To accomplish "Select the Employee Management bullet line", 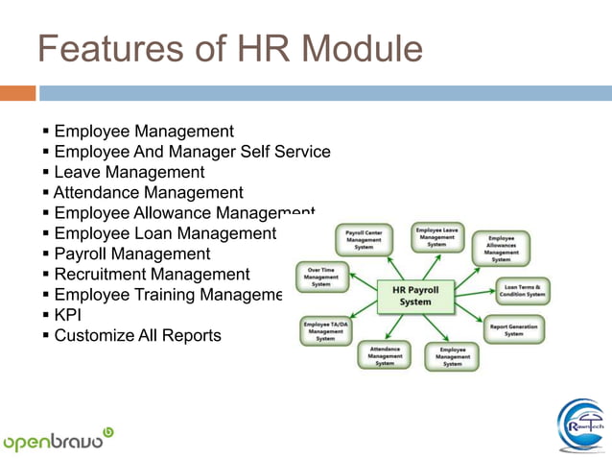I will click(143, 132).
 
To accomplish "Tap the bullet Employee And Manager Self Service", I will click(192, 152).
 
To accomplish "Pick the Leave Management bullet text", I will click(129, 173).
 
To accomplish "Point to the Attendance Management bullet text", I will click(148, 193).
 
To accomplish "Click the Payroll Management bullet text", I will click(131, 254).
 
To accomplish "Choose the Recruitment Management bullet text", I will click(152, 275).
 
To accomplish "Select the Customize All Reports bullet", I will click(137, 336).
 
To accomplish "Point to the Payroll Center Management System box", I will click(365, 239).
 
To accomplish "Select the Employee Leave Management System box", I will click(436, 237).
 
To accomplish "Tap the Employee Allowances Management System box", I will click(501, 248).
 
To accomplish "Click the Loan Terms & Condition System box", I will click(522, 290).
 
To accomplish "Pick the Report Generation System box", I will click(514, 329).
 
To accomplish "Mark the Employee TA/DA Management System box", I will click(326, 330).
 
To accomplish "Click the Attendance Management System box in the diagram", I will click(384, 356).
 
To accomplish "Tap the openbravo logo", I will click(58, 440).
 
